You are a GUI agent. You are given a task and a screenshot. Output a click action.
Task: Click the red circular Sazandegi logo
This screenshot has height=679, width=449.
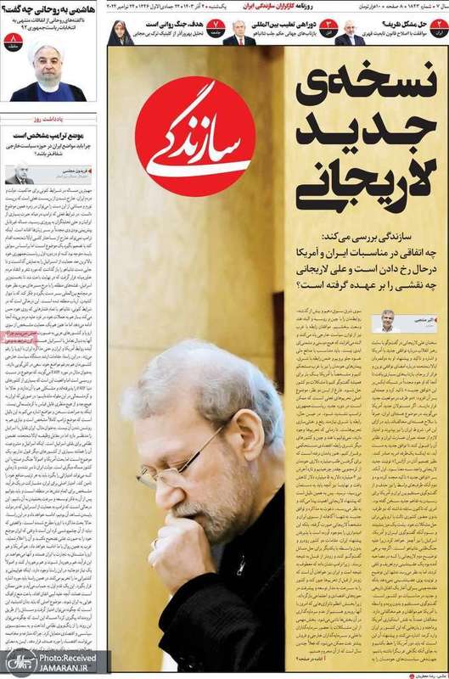tap(194, 137)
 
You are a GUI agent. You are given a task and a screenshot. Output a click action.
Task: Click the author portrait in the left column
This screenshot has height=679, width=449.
tap(19, 173)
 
